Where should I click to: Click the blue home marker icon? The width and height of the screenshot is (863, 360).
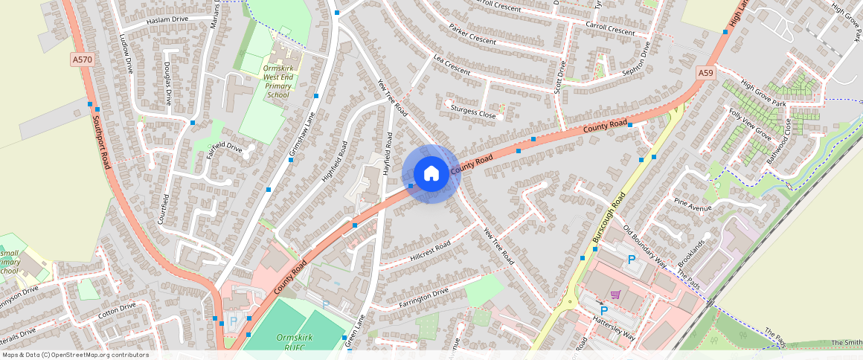[x=431, y=174]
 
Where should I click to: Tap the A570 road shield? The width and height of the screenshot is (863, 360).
[x=82, y=59]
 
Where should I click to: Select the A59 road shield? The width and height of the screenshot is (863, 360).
[x=706, y=72]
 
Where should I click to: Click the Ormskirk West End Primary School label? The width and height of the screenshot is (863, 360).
[x=278, y=82]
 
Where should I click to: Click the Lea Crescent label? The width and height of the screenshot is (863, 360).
[x=452, y=65]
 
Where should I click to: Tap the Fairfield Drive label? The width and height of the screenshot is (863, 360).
[x=225, y=147]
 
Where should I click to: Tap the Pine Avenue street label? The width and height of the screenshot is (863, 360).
[x=692, y=205]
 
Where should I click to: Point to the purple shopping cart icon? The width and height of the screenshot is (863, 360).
[x=615, y=295]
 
